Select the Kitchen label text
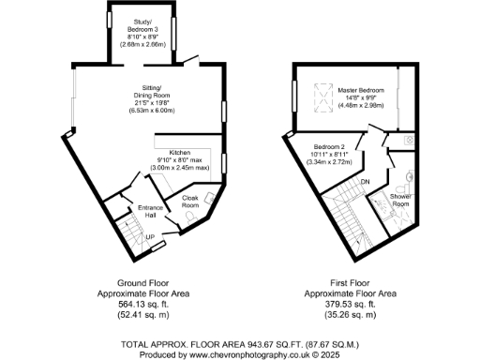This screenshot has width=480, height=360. coord(180,152)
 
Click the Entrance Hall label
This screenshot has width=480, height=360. coord(151,210)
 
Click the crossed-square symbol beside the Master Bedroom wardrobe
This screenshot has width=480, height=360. coord(410,138)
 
